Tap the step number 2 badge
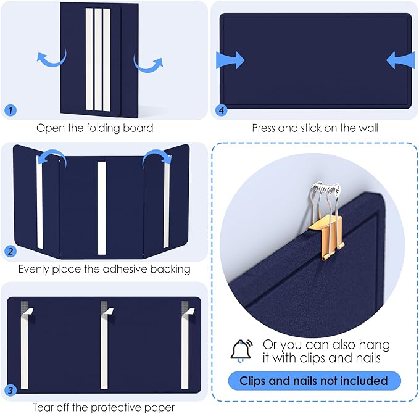10,250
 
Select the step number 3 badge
10,389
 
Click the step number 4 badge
221,110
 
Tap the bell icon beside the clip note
241,350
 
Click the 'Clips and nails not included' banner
314,381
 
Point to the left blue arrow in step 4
230,60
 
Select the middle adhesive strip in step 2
102,207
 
